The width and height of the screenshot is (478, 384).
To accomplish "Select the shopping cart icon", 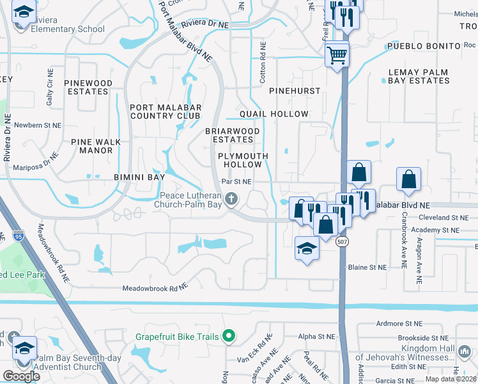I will click(337, 54).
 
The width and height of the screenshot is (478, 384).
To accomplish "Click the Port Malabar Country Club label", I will click(166, 111).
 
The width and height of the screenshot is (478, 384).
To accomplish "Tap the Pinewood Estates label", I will click(88, 87).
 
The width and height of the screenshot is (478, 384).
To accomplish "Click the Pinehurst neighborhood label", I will click(294, 91).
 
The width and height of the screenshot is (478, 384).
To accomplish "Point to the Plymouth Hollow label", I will click(242, 160).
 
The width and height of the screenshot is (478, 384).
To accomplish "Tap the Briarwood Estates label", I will click(233, 135).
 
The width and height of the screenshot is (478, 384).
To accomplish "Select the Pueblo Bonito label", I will click(424, 47).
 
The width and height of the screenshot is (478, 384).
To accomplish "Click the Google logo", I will click(21, 376).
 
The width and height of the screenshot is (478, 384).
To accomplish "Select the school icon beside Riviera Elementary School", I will click(24, 13).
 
